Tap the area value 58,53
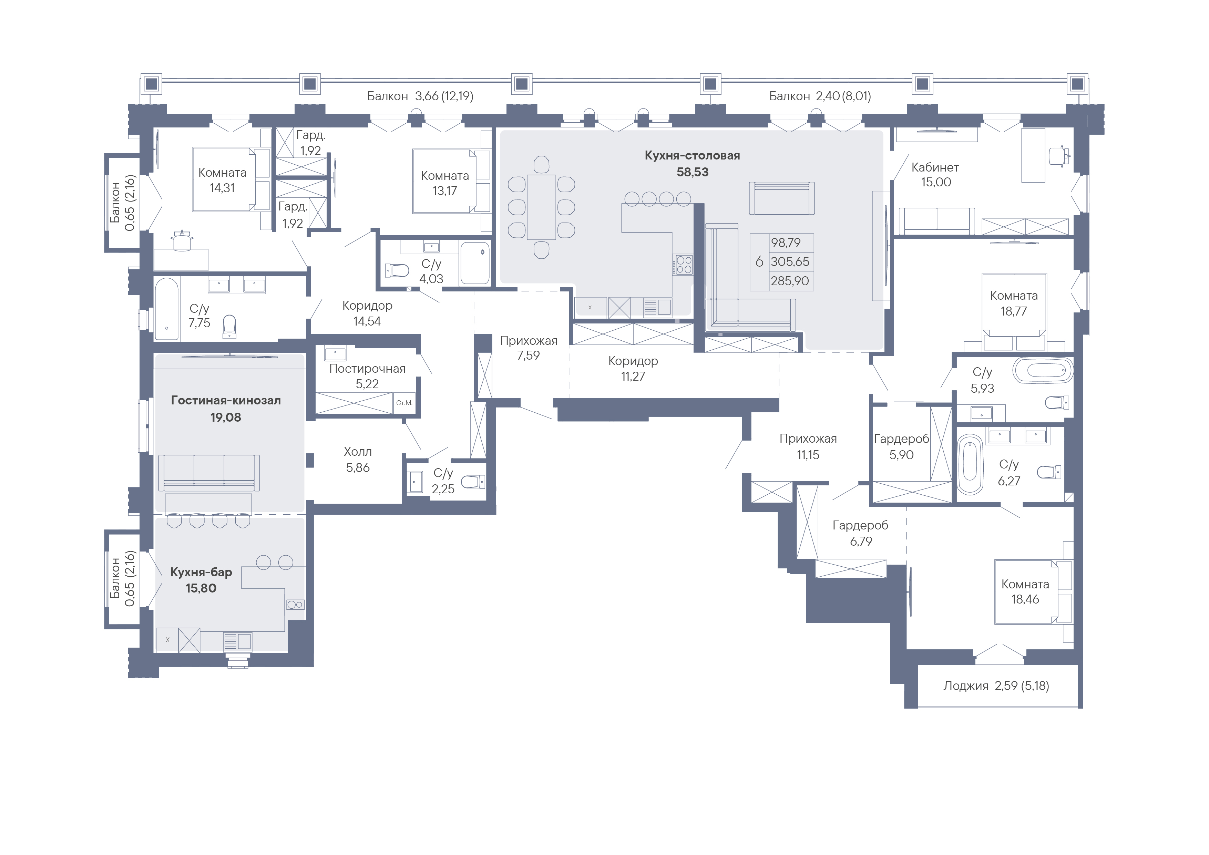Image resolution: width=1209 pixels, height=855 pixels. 693,172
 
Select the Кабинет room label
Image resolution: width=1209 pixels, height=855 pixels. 935,167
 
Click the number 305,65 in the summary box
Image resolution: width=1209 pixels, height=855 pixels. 790,262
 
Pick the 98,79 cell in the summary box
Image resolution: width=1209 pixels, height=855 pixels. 786,243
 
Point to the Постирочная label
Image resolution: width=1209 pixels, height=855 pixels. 367,369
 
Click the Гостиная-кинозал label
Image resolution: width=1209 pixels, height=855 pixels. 226,401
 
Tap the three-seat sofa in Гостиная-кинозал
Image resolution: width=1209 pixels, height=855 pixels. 209,473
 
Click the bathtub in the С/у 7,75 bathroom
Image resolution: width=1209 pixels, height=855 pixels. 167,309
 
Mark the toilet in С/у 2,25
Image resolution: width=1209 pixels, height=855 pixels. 473,481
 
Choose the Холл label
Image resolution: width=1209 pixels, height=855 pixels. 358,452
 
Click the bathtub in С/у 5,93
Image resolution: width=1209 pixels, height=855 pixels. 1043,371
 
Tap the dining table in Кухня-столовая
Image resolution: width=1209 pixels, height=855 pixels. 541,207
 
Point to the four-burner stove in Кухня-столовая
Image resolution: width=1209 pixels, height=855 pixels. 684,264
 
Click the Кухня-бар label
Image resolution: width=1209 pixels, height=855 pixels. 201,572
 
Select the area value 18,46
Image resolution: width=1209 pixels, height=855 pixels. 1025,599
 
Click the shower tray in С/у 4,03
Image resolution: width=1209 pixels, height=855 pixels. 475,263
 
